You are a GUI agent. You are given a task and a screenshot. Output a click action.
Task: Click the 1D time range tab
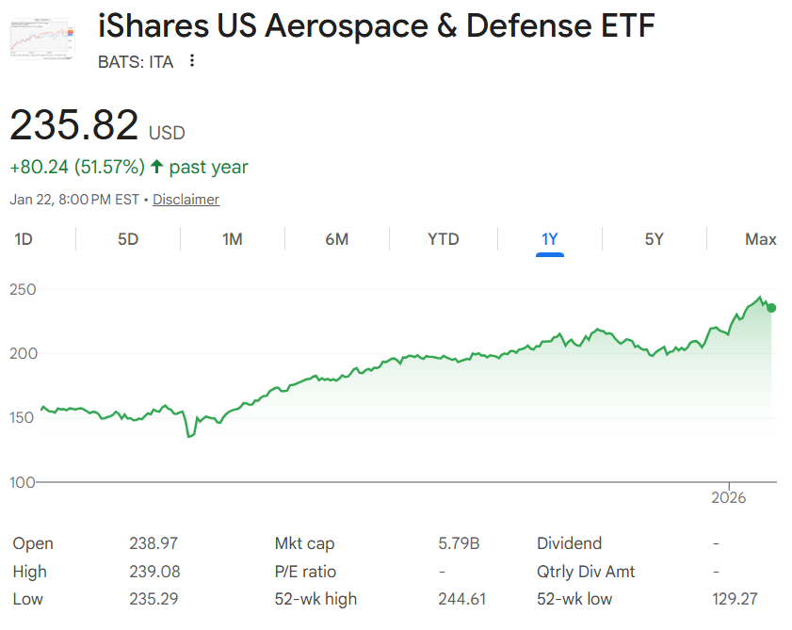(24, 239)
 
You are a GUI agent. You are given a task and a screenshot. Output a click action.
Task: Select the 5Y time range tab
(655, 239)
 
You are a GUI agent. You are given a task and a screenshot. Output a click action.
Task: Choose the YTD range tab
(444, 239)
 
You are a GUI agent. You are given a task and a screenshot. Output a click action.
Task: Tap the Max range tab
(760, 239)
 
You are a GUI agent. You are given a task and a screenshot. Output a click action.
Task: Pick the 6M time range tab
(337, 239)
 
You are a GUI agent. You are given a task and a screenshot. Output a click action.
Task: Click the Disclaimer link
(186, 200)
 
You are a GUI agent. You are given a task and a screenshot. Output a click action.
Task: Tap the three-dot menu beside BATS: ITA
(192, 61)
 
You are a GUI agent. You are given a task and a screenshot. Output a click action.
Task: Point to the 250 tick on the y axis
(23, 289)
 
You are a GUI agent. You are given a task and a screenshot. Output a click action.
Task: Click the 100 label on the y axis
(23, 482)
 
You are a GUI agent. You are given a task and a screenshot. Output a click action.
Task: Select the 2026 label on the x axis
(729, 497)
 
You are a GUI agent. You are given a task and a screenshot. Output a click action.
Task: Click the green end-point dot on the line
(771, 308)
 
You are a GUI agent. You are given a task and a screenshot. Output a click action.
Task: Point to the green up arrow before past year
(156, 167)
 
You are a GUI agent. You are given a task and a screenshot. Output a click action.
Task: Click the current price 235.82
(74, 125)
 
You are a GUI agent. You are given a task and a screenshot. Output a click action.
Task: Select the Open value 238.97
(154, 543)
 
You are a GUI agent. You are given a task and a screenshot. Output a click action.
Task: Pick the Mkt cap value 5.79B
(459, 543)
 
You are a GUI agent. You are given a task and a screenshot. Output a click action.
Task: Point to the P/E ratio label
(305, 572)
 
